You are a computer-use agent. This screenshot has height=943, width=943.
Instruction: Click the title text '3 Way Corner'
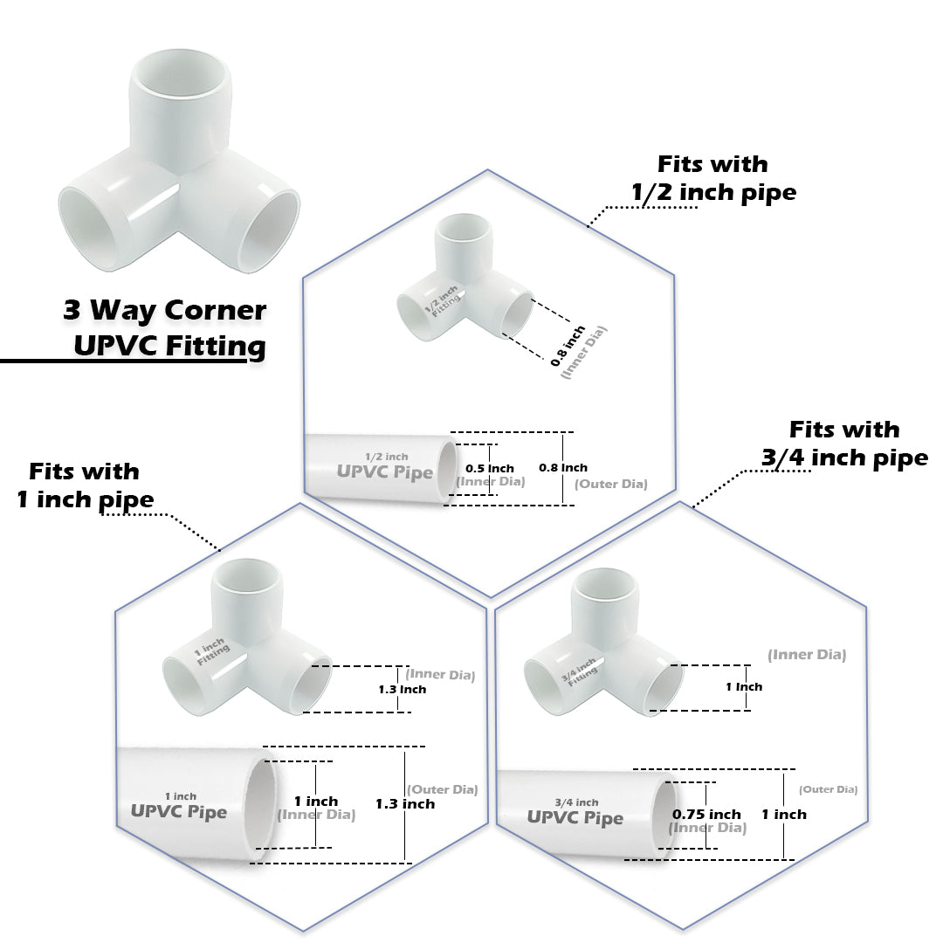(165, 310)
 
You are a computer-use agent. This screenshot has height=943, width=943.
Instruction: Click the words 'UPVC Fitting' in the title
(169, 346)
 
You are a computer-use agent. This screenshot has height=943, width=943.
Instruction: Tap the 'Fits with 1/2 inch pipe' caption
(713, 178)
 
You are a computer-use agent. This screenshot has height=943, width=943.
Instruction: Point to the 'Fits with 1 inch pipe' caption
(85, 485)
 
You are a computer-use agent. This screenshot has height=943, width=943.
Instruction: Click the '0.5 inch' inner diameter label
(490, 469)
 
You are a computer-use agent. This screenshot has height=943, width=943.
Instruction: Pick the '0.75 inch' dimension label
(706, 814)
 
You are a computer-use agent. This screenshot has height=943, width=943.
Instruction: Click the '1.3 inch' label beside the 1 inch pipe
(405, 803)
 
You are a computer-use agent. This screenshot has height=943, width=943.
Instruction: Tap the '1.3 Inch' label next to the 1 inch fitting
(402, 690)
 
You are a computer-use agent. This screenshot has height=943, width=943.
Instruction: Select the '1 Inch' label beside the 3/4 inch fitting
(744, 687)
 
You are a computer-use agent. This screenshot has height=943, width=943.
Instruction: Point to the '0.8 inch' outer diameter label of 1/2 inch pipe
(563, 468)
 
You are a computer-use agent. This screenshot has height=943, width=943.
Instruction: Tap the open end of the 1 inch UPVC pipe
(262, 803)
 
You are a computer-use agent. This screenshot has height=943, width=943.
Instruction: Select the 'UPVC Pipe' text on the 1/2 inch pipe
(385, 472)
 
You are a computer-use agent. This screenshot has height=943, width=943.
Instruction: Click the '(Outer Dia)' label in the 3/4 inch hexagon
(829, 789)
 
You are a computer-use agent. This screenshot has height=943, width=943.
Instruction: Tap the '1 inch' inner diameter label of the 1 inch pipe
(315, 802)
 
